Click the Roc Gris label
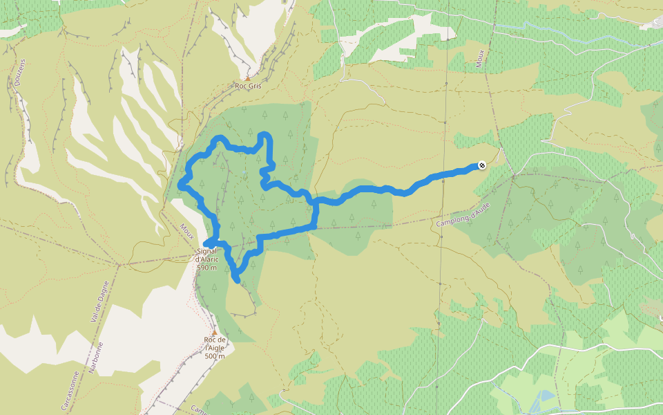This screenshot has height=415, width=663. tap(249, 86)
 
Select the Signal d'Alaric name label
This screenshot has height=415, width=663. tap(207, 255)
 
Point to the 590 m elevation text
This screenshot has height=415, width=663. tap(206, 268)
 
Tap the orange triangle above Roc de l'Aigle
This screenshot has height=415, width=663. tap(214, 332)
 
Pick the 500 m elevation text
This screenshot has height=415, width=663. tap(215, 356)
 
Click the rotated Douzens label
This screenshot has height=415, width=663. tap(19, 72)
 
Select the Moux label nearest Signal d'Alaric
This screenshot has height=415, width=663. tap(187, 229)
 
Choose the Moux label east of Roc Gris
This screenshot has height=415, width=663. tap(480, 59)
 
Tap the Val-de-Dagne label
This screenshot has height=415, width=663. tap(95, 304)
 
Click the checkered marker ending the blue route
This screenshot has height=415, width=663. tap(481, 165)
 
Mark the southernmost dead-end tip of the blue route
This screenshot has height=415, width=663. tap(238, 280)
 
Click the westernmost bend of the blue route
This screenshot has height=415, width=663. tap(180, 184)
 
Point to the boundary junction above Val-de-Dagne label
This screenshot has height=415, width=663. tap(119, 264)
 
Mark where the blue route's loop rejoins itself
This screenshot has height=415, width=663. tap(315, 202)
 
